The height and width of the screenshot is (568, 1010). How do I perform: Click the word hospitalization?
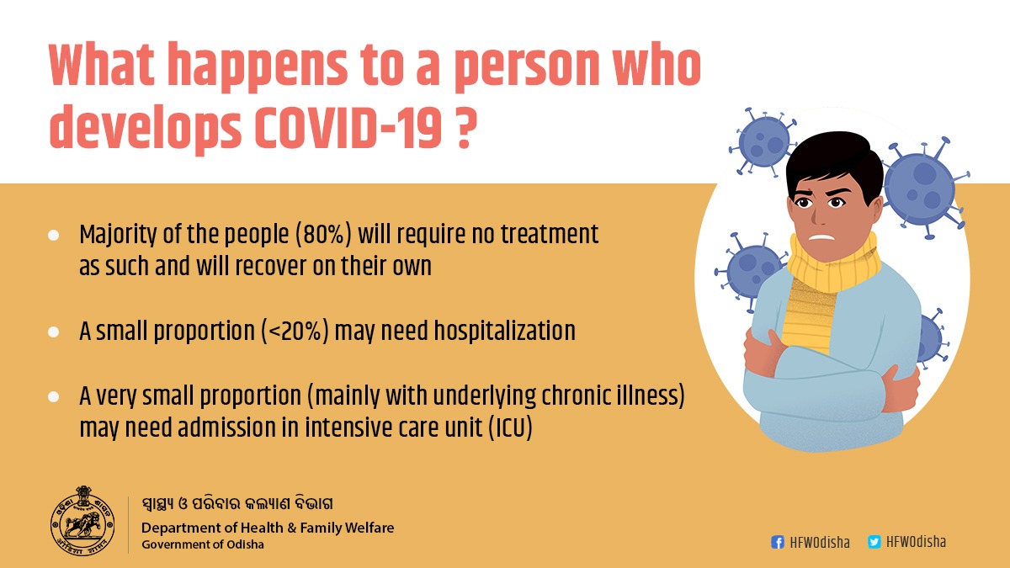coord(504,332)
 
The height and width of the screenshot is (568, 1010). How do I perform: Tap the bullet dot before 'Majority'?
coord(54,235)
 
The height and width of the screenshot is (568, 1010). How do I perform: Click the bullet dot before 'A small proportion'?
coord(54,332)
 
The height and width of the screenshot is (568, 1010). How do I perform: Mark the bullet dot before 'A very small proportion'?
coord(54,395)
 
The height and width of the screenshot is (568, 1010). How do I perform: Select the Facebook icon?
coord(778,543)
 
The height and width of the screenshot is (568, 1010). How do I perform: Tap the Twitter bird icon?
coord(874,543)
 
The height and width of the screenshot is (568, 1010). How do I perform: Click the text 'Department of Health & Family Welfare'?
coord(267,528)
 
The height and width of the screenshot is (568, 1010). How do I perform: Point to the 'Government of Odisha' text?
coord(202,544)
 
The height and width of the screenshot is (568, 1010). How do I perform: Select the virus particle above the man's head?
coord(763,143)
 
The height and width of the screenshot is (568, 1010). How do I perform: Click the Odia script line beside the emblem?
coord(237,505)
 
